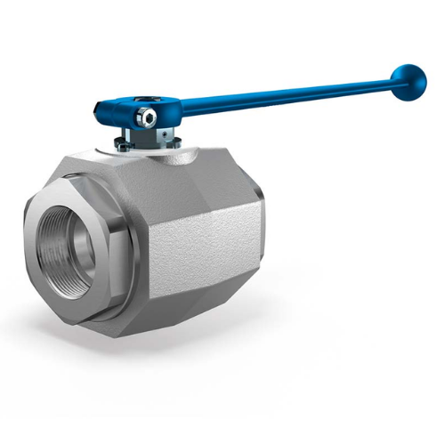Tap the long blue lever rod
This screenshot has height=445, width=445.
pos(285,96)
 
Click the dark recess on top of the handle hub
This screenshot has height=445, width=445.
pos(165,103)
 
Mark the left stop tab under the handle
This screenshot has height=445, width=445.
pos(125,135)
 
